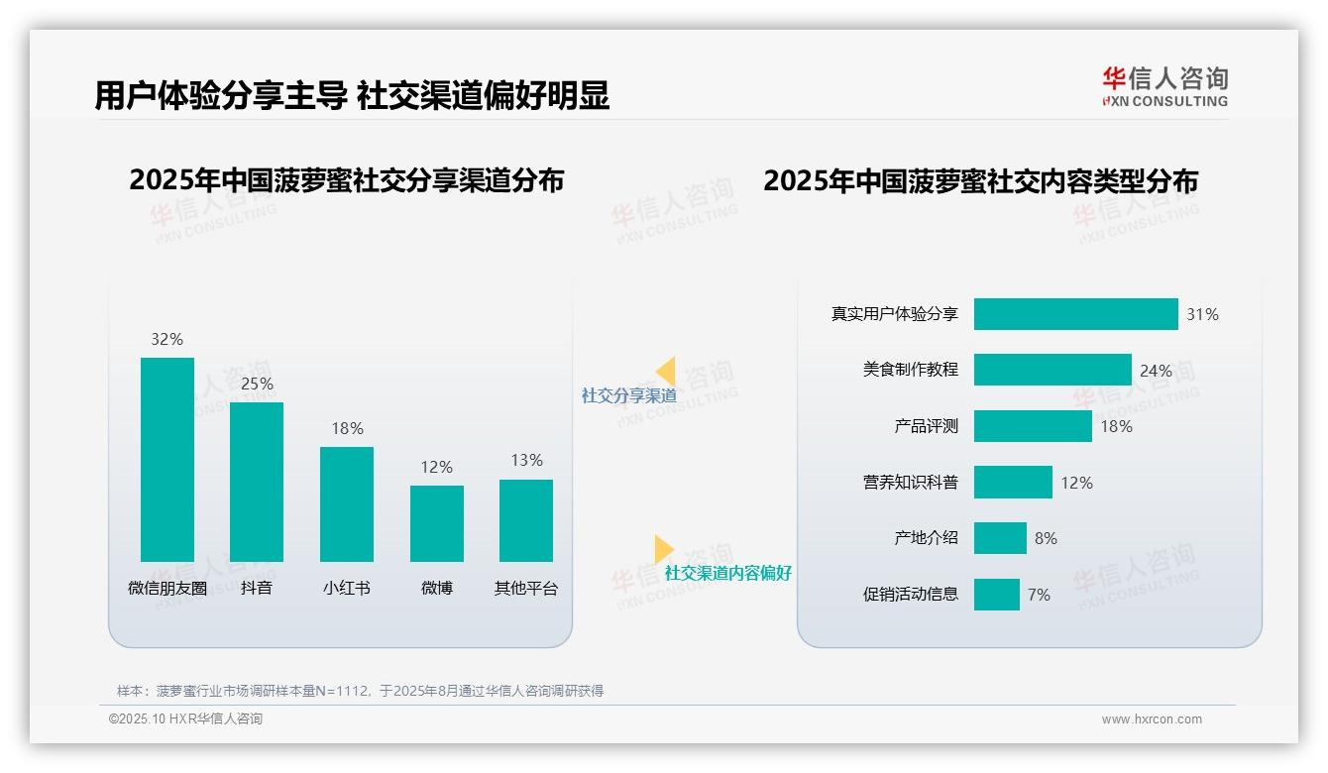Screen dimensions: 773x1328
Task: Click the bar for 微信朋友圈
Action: [167, 459]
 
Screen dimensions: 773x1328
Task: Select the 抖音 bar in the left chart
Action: [257, 482]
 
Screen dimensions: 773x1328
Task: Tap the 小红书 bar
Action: [347, 503]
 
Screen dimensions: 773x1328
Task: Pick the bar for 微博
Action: [437, 523]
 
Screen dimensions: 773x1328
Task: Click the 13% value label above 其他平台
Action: [527, 460]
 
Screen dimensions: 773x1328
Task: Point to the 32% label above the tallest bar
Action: [167, 339]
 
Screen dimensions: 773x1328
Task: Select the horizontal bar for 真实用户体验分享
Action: [1075, 314]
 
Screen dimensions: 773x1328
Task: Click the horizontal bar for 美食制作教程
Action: [1052, 370]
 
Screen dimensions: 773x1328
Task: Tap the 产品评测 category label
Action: [926, 426]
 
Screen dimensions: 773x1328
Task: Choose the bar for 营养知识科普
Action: [1013, 483]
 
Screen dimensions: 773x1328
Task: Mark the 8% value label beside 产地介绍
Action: [1046, 538]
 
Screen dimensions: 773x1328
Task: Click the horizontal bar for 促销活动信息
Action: [996, 595]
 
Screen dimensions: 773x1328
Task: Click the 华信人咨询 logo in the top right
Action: [1164, 86]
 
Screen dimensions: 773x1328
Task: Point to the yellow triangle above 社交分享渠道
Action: [666, 371]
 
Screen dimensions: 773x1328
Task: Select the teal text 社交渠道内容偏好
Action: [728, 573]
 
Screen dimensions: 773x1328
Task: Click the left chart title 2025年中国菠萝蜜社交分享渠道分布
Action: [346, 180]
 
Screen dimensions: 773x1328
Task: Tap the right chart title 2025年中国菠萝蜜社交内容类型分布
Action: [980, 180]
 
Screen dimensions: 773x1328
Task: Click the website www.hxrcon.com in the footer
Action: [1152, 719]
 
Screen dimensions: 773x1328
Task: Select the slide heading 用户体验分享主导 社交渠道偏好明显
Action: [352, 95]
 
